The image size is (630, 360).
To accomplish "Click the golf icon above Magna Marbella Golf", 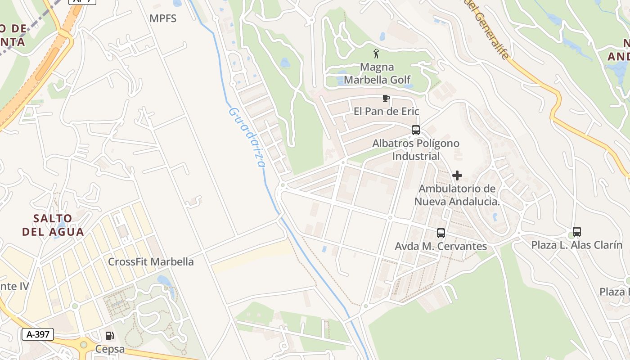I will pyautogui.click(x=376, y=54).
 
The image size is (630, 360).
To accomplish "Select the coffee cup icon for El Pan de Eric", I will pyautogui.click(x=386, y=98).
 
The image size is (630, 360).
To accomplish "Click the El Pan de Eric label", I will pyautogui.click(x=386, y=111).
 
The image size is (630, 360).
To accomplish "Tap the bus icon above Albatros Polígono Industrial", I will pyautogui.click(x=416, y=130).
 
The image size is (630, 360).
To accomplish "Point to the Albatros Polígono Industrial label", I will pyautogui.click(x=416, y=149).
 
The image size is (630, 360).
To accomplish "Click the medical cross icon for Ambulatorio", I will pyautogui.click(x=457, y=175).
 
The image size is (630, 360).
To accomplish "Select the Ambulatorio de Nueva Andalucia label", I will pyautogui.click(x=457, y=195).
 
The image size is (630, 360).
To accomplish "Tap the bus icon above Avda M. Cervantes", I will pyautogui.click(x=441, y=233).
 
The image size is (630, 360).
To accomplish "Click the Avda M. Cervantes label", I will pyautogui.click(x=441, y=246).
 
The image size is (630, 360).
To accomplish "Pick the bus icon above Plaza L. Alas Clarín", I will pyautogui.click(x=577, y=232).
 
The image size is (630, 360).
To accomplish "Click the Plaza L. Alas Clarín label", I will pyautogui.click(x=577, y=245).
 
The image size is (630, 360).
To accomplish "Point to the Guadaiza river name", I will pyautogui.click(x=247, y=137).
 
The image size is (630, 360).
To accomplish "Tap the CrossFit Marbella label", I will pyautogui.click(x=151, y=261).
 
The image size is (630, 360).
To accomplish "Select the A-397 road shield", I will pyautogui.click(x=38, y=334).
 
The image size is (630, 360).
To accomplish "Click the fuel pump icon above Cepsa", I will pyautogui.click(x=109, y=336).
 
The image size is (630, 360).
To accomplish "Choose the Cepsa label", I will pyautogui.click(x=110, y=350).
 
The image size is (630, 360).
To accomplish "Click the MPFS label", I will pyautogui.click(x=163, y=18).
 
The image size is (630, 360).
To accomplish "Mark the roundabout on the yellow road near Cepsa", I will pyautogui.click(x=84, y=345).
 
